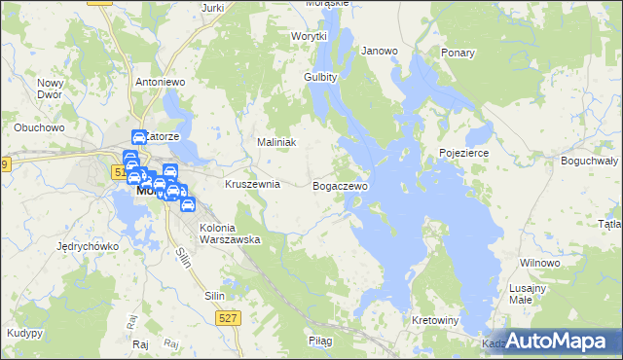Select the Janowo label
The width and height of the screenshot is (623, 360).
[x=380, y=51]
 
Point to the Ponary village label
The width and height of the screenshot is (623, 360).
[x=457, y=53]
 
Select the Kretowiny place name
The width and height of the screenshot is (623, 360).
[x=435, y=320]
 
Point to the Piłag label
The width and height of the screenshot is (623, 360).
[x=320, y=341]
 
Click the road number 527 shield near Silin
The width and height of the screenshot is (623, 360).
[x=226, y=317]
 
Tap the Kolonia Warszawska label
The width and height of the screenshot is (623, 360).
[x=229, y=234]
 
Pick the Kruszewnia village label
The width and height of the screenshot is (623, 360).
[x=252, y=184]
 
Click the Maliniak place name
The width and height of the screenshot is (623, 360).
[x=275, y=142]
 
